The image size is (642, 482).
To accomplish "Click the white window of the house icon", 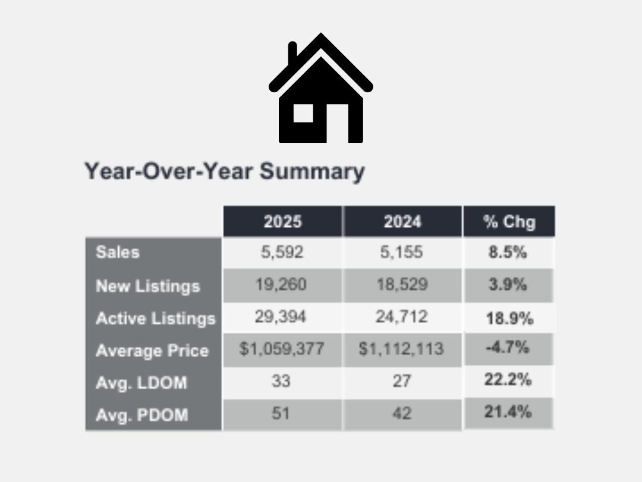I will [x=303, y=112].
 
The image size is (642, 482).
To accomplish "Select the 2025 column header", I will [x=282, y=222].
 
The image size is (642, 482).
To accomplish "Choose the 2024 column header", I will [x=402, y=222].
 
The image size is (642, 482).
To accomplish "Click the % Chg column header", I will [x=509, y=222].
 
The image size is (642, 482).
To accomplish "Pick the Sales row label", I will [x=118, y=252].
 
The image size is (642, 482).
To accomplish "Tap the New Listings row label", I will [x=147, y=286].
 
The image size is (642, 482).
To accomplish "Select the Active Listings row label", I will [x=155, y=318].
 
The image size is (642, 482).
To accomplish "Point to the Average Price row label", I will [x=152, y=350].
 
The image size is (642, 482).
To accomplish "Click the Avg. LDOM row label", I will [x=141, y=383].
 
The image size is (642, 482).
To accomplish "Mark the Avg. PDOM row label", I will [x=141, y=414].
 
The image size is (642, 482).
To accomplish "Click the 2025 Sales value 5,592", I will [x=282, y=252].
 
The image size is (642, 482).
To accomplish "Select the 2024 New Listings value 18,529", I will [x=401, y=284].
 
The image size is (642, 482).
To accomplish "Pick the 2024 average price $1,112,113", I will [x=401, y=349].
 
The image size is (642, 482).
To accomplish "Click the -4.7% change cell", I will [x=507, y=348].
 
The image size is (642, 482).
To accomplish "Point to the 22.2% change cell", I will [x=508, y=380].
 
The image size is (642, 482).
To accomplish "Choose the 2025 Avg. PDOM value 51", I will [x=281, y=413].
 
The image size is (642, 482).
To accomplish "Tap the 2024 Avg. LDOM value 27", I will [x=401, y=381].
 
